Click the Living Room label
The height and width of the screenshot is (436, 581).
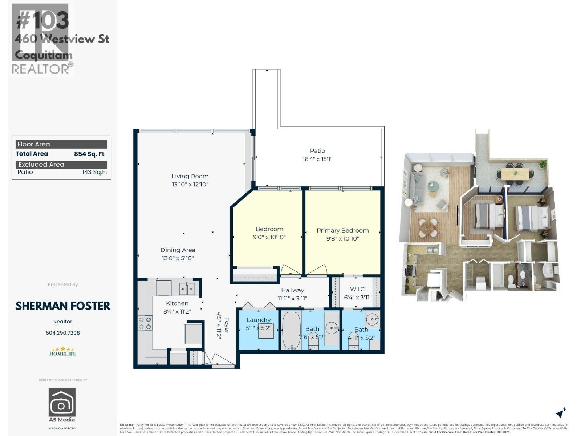click(190, 176)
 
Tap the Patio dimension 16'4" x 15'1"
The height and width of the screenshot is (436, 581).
click(317, 159)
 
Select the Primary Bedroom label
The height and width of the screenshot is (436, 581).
click(342, 230)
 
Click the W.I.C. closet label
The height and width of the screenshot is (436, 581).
click(358, 289)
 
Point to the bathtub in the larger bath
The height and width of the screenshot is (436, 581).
click(291, 330)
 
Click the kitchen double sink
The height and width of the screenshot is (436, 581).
click(187, 289)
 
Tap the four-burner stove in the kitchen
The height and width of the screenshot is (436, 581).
click(145, 323)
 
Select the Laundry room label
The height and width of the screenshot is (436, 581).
click(258, 320)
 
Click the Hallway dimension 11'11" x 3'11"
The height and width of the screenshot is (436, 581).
click(292, 299)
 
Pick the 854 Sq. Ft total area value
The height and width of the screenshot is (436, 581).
click(89, 154)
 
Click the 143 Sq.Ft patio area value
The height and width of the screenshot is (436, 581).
click(94, 172)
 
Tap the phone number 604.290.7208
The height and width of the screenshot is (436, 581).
click(62, 333)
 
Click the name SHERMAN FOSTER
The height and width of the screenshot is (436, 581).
click(62, 306)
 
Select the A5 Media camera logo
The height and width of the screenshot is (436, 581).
click(62, 402)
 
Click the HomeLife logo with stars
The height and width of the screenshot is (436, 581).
click(62, 351)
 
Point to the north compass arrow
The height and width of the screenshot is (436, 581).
click(561, 413)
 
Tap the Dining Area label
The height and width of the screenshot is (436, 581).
click(178, 250)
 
